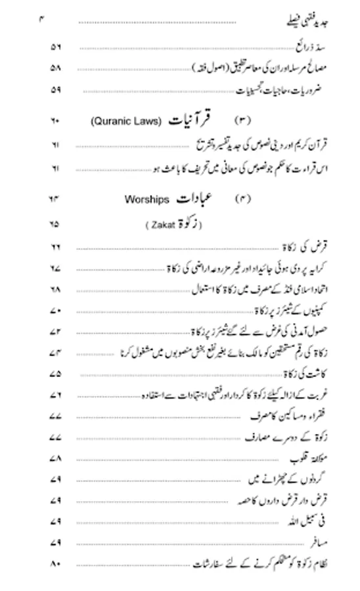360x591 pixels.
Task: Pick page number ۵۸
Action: coord(55,68)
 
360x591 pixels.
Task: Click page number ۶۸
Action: coord(55,289)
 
